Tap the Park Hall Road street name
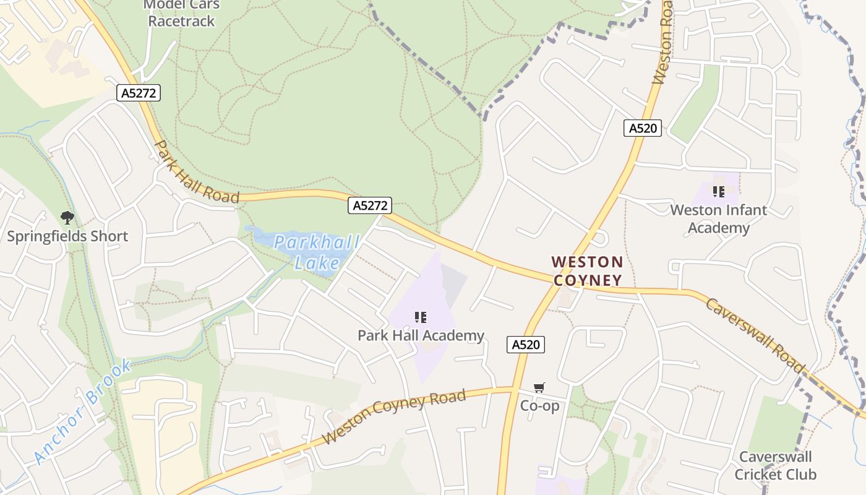tap(195, 173)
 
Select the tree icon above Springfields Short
tap(67, 218)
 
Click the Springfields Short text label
tap(67, 236)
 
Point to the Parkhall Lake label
tap(308, 252)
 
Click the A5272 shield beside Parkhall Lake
tap(371, 205)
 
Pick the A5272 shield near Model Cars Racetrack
tap(139, 93)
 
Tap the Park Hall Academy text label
tap(421, 336)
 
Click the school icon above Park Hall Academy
tap(421, 318)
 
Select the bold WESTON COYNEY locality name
tap(588, 271)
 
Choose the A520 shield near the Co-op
tap(526, 345)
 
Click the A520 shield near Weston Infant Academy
tap(643, 128)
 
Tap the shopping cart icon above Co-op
tap(539, 388)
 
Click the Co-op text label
tap(539, 406)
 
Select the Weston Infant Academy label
tap(718, 219)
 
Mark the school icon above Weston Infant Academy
tap(718, 192)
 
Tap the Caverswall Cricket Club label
tap(776, 466)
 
